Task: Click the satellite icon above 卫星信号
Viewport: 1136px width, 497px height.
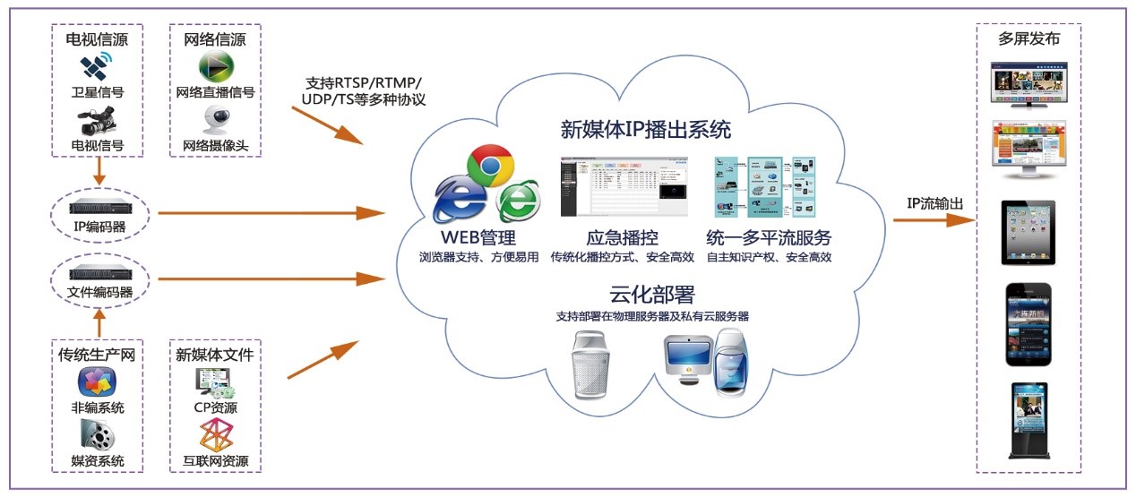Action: tap(98, 67)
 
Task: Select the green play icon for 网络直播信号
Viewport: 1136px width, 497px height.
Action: tap(216, 67)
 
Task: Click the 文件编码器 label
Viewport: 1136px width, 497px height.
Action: tap(99, 292)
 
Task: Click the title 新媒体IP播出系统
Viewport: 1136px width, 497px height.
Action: tap(645, 130)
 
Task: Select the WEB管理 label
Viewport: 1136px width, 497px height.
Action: tap(478, 238)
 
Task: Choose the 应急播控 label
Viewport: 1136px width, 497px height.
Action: tap(623, 238)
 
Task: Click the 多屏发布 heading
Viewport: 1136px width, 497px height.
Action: tap(1028, 39)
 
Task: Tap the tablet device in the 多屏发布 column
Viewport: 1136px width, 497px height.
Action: tap(1028, 232)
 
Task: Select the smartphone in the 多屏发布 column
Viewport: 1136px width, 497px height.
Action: tap(1028, 324)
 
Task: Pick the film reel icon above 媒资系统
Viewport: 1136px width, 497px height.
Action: tap(98, 436)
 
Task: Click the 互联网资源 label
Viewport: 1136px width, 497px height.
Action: tap(214, 462)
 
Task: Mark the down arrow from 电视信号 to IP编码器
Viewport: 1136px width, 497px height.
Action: tap(99, 171)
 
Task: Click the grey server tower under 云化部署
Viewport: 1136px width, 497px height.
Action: tap(594, 364)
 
